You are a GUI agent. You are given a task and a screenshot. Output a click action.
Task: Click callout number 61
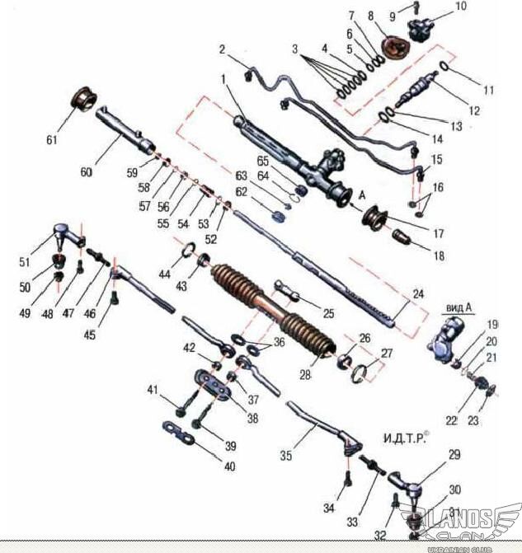pos(52,140)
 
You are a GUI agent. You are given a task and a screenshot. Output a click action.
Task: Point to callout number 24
pos(417,293)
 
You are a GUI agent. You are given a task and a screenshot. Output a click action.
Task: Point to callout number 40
pos(229,466)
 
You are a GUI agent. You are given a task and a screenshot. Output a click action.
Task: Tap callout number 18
pos(438,256)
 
